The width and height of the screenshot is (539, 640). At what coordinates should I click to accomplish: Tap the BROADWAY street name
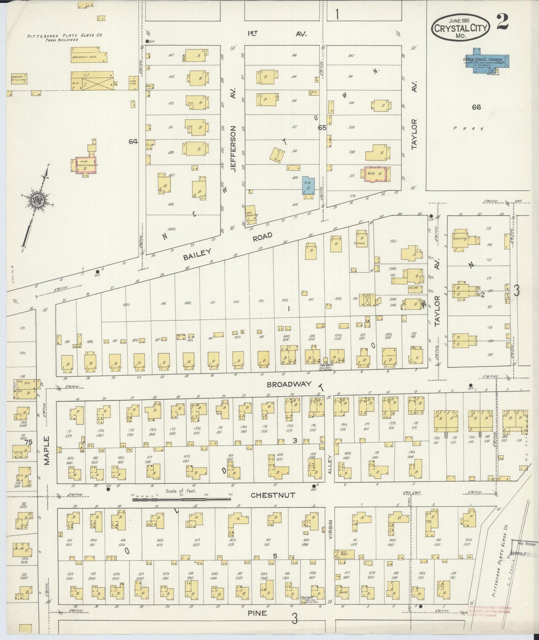[x=289, y=384]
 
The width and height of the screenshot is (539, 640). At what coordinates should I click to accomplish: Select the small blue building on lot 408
[x=308, y=186]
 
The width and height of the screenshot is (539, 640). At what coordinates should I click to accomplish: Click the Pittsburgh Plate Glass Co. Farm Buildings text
[x=64, y=38]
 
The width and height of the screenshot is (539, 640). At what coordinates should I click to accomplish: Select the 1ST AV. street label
[x=277, y=34]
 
